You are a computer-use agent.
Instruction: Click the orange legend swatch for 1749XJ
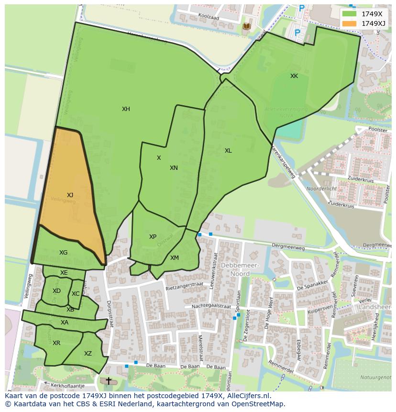click(x=350, y=23)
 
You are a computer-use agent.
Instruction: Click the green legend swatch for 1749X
click(x=350, y=14)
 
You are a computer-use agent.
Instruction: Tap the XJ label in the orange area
click(x=70, y=195)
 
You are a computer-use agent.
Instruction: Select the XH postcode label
click(x=126, y=109)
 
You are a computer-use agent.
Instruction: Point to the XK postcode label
click(x=294, y=76)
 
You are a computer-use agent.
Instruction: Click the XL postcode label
click(x=228, y=151)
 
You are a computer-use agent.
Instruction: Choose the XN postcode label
click(x=174, y=168)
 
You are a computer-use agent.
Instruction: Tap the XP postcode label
click(x=153, y=237)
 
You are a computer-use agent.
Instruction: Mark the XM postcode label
click(x=175, y=258)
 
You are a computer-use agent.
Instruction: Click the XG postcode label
click(x=63, y=253)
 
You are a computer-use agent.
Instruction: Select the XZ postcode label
click(x=88, y=354)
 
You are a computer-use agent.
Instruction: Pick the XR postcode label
click(x=56, y=343)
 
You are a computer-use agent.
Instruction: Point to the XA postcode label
click(x=65, y=323)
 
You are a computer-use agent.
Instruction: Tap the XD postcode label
click(x=56, y=291)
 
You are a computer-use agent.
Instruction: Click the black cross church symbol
click(x=109, y=381)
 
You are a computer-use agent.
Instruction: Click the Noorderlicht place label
click(x=321, y=189)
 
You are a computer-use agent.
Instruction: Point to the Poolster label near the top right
click(x=378, y=130)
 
